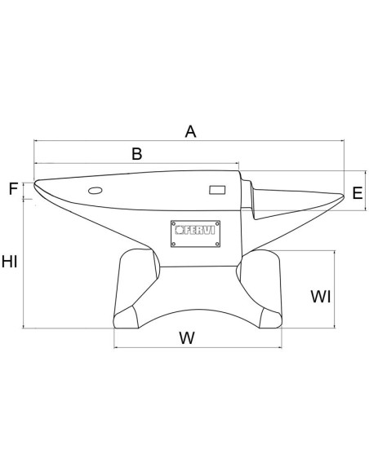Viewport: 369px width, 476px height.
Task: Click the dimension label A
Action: (191, 130)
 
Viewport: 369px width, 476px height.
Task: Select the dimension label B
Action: (136, 152)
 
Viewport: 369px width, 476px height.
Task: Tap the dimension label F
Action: (14, 189)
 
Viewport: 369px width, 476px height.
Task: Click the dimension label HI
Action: (11, 262)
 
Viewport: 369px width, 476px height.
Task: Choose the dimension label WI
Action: (321, 297)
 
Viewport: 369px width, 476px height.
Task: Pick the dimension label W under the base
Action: (187, 337)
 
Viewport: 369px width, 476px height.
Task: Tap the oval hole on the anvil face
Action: (95, 191)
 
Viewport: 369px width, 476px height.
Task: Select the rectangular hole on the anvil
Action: (217, 190)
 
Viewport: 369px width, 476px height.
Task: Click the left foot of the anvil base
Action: (128, 316)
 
